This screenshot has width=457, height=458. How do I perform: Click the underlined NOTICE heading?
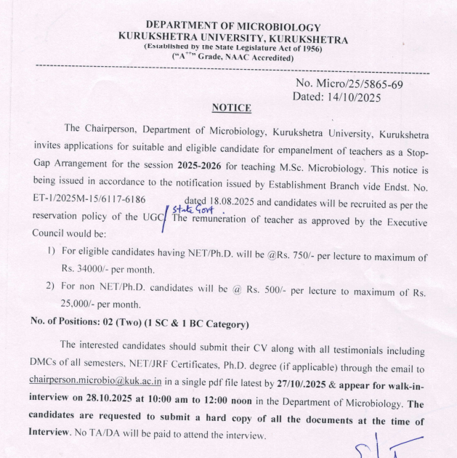click(232, 108)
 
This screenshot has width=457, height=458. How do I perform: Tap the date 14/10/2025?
click(354, 97)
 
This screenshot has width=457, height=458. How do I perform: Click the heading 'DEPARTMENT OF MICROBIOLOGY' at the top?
click(232, 28)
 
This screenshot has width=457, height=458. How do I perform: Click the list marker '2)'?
click(50, 286)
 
